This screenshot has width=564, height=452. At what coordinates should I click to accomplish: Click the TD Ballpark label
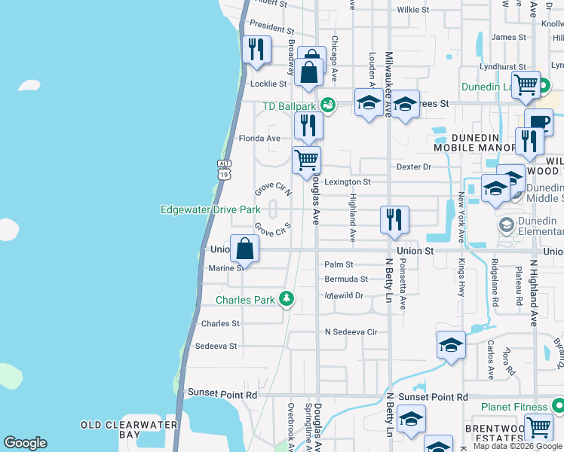(x=289, y=106)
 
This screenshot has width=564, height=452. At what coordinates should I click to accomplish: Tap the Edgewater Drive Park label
(x=210, y=209)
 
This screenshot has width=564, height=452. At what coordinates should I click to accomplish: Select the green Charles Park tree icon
(x=286, y=299)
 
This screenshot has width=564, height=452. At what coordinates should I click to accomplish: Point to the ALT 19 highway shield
(x=224, y=169)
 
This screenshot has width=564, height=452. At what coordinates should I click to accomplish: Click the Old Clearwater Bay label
(x=129, y=429)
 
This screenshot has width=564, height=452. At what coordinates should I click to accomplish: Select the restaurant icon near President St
(x=257, y=50)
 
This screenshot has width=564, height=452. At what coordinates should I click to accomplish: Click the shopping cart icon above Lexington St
(x=307, y=160)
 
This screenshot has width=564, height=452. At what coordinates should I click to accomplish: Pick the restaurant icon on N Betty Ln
(x=394, y=219)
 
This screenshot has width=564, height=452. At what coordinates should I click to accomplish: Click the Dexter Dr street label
(x=413, y=166)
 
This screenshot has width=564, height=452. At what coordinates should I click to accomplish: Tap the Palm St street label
(x=339, y=264)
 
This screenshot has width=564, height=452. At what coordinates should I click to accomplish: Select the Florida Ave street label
(x=259, y=139)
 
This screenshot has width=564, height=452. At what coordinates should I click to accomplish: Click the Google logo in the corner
(x=26, y=443)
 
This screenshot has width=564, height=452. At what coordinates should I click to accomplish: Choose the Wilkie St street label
(x=413, y=10)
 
